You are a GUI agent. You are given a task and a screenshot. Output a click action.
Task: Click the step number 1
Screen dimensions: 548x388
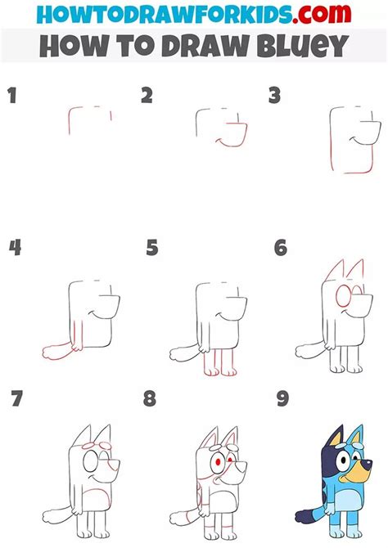pos(11,97)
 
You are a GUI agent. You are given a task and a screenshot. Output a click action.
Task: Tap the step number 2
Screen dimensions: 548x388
pos(147,97)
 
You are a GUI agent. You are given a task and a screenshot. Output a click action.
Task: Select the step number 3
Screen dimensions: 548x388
pos(275,97)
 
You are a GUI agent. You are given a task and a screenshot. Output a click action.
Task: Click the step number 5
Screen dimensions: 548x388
pos(152,248)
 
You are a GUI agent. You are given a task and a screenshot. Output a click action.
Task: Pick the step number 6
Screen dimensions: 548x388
pos(281,248)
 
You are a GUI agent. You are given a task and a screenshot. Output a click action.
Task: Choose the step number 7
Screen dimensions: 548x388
pos(16,399)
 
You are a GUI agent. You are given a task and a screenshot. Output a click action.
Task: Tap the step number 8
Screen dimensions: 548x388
pos(150,399)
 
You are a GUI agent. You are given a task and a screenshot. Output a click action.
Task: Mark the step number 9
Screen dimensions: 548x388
pos(282,399)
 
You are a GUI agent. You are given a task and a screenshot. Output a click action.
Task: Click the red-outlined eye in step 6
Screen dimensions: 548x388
pos(345,296)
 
